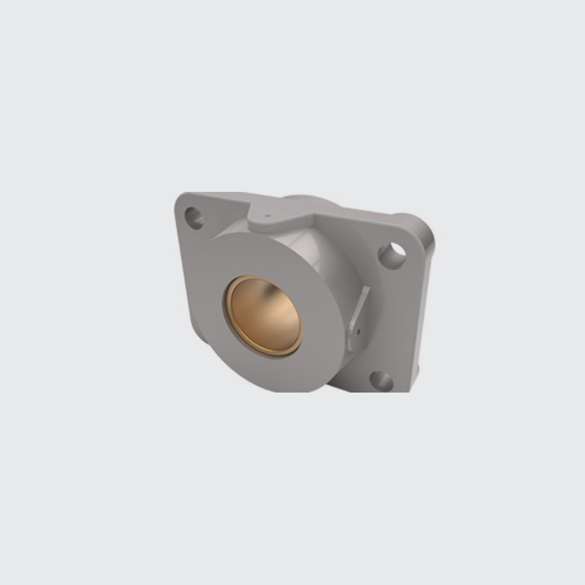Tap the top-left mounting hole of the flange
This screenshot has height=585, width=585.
tap(194, 216)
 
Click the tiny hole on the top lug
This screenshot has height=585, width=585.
tap(266, 216)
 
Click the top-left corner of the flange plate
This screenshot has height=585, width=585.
tap(180, 198)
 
